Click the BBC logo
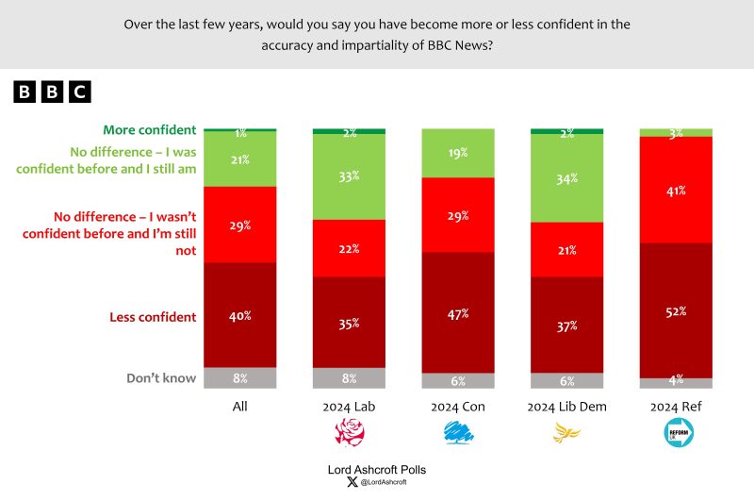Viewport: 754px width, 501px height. [52, 92]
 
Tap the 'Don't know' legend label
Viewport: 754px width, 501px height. [161, 378]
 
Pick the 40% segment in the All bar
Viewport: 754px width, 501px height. [240, 315]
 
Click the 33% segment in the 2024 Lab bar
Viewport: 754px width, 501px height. [350, 176]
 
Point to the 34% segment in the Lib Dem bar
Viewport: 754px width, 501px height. [568, 178]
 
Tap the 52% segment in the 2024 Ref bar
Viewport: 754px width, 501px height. [677, 310]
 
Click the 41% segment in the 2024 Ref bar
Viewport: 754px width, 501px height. [677, 190]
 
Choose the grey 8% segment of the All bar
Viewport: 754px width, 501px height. [240, 378]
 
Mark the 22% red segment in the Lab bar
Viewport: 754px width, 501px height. [350, 247]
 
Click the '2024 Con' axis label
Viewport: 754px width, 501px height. [459, 407]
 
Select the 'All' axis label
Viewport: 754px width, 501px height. [240, 407]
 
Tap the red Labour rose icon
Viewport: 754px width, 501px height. [350, 433]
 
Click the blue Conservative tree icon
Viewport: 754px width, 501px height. [459, 433]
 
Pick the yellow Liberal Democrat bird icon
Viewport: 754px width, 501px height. [567, 433]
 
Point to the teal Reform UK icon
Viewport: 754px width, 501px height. [677, 433]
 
